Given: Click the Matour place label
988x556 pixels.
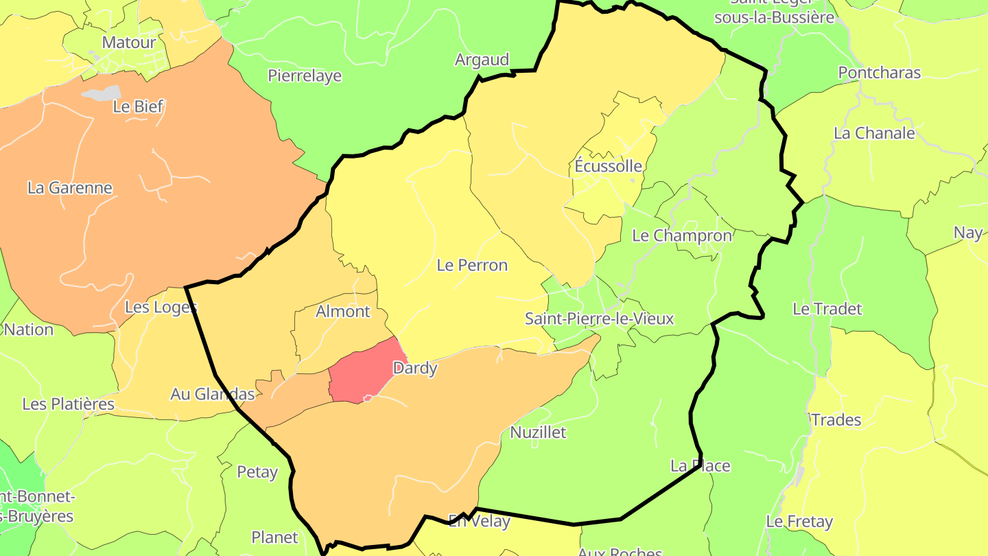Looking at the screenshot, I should (129, 43).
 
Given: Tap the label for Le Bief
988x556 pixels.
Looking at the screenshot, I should (139, 106).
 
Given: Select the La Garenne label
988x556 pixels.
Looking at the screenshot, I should (70, 187).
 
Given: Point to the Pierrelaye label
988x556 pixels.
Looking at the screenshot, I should (305, 76).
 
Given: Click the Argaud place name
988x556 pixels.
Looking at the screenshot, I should (482, 60).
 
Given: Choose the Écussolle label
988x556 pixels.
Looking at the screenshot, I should (608, 166).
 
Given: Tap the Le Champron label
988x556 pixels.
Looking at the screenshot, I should (682, 235).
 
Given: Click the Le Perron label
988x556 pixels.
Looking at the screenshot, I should (472, 265).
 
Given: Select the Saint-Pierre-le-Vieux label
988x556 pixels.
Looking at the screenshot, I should (599, 318).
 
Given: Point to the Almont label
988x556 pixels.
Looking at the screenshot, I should (343, 311).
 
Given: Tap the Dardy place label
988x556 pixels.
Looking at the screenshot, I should (415, 368).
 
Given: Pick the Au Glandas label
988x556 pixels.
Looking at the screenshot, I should (213, 394).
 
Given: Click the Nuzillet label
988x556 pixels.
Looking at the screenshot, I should (539, 432).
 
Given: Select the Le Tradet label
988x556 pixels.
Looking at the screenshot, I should (827, 309).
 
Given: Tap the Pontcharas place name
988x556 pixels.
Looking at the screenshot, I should (879, 73).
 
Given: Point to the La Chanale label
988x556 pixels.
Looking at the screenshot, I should (874, 133).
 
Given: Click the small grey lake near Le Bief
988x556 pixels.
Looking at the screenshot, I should (102, 93).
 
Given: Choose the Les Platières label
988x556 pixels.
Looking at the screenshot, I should (69, 404).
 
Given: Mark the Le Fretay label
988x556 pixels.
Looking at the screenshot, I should (799, 522).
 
